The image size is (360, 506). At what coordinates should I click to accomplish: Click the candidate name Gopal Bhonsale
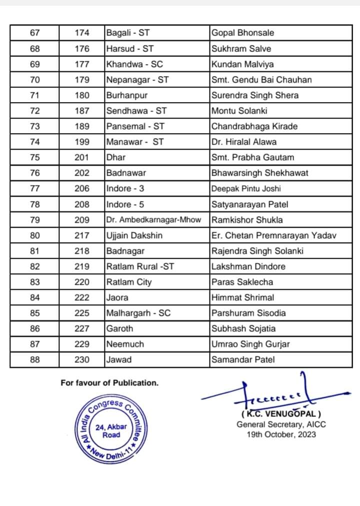pos(242,33)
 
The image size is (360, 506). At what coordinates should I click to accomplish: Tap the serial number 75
pos(34,157)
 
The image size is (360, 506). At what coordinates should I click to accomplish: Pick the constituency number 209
pos(82,220)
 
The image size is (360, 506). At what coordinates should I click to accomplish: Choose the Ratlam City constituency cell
pos(128,282)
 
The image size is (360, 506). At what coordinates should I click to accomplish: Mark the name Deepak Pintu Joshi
pos(246,189)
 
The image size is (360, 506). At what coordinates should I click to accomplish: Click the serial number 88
pos(34,359)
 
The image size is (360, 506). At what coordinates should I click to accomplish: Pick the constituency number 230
pos(82,359)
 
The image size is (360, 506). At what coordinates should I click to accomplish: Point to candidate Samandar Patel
pos(243,359)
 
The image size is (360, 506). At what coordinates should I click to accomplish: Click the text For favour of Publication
pos(109,383)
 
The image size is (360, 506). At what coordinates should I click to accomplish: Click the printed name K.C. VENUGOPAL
pos(281,414)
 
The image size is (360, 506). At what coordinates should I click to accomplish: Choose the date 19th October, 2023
pos(281,434)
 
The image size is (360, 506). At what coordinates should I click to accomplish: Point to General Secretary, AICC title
pos(281,424)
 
